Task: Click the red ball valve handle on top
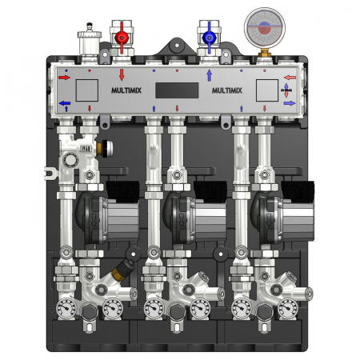point(122,37)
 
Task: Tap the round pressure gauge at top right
point(261,24)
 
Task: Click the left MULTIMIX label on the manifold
point(121,90)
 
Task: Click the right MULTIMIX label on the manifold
point(226,90)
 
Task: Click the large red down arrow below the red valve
point(122,74)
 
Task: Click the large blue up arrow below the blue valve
point(208,75)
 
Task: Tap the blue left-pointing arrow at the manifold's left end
point(65,103)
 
